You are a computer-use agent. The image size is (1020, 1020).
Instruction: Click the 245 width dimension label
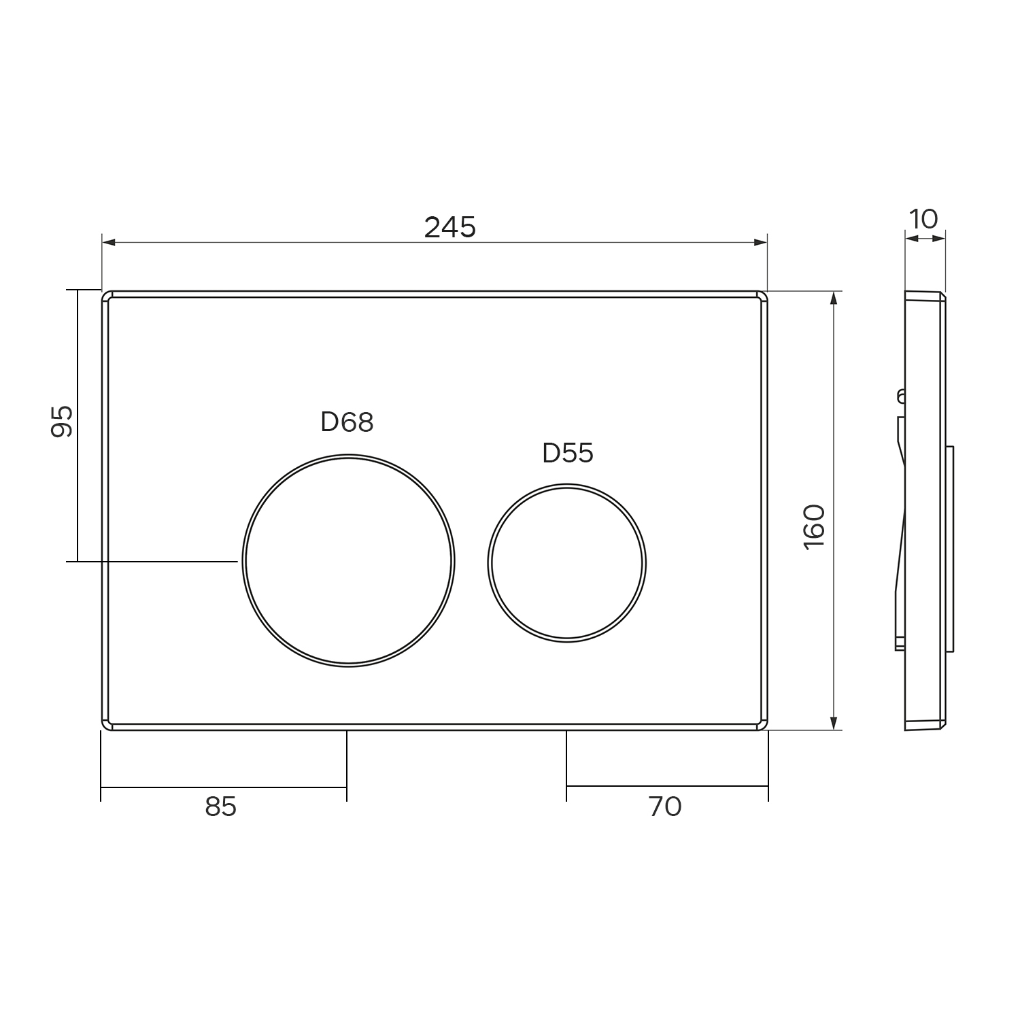tap(449, 227)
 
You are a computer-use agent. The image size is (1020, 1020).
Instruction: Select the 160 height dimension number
tap(814, 527)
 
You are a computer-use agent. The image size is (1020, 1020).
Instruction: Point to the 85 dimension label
tap(220, 806)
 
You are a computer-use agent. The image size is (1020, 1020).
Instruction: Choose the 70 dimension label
tap(665, 806)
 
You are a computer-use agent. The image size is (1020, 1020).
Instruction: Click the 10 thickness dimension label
tap(923, 219)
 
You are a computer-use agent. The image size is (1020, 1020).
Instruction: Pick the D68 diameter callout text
tap(347, 422)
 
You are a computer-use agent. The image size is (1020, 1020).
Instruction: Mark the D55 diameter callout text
tap(568, 453)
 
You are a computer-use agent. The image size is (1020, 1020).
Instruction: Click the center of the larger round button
tap(348, 560)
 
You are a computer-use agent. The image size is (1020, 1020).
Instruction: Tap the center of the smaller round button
tap(566, 563)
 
